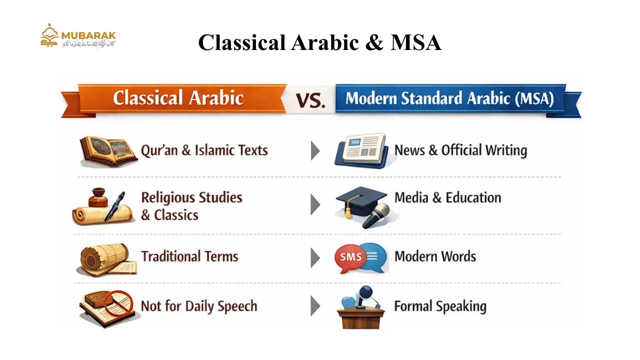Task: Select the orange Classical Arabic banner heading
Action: click(178, 97)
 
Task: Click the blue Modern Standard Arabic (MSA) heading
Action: click(449, 98)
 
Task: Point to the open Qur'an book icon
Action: click(108, 151)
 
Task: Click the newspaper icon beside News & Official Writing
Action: click(361, 150)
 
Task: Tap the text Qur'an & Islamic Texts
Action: click(204, 150)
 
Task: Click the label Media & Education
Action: click(447, 197)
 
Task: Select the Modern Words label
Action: click(435, 256)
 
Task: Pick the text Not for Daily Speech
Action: click(198, 306)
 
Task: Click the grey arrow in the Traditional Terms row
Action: click(315, 257)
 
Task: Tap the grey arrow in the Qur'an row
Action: click(315, 150)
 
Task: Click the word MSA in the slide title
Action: click(415, 42)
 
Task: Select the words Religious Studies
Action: click(191, 197)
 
